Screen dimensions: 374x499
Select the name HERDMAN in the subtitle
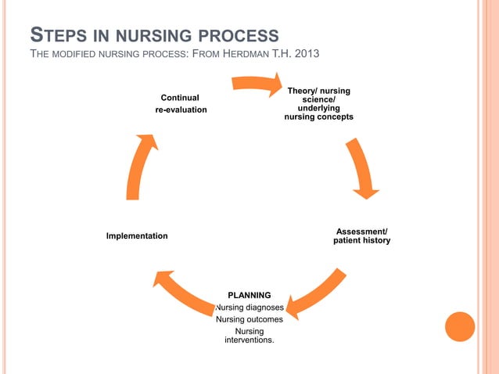(247, 53)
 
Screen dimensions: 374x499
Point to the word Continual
(179, 98)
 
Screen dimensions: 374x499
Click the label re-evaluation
(181, 110)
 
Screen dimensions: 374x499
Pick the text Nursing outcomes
(249, 319)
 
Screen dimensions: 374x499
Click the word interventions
(249, 340)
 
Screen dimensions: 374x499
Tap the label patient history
(361, 240)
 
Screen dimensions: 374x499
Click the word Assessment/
(361, 231)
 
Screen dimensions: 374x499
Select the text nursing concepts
(318, 117)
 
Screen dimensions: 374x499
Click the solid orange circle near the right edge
(459, 327)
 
